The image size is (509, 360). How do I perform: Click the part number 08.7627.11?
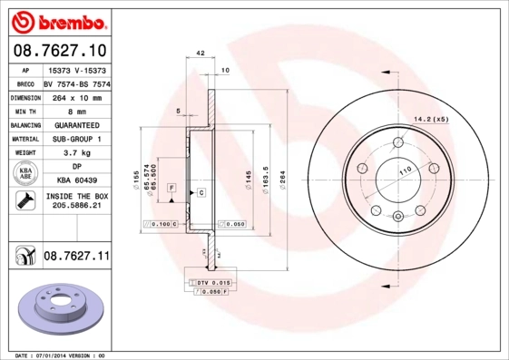(75, 258)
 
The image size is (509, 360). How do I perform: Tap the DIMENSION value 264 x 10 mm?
(77, 95)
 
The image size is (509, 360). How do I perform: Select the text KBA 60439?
(77, 180)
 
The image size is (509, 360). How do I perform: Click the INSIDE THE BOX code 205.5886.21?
(77, 207)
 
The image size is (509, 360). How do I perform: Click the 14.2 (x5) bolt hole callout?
(431, 119)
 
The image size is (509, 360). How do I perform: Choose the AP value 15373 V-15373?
(77, 69)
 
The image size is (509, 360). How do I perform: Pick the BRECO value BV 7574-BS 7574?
(77, 82)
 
